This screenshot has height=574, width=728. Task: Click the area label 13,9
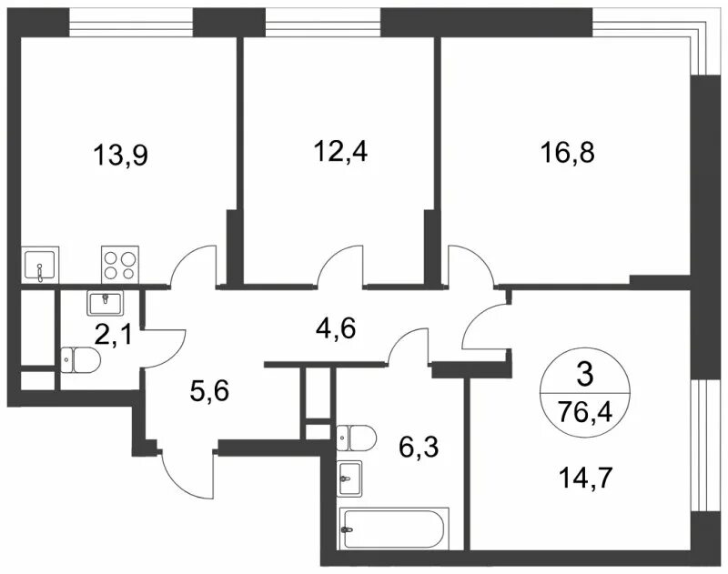pos(120,155)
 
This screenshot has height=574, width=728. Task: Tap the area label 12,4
pos(340,150)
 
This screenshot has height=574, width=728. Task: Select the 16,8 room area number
pos(567,152)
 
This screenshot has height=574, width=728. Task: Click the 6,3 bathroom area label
pos(419,448)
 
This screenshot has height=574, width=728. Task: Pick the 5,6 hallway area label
pos(209,391)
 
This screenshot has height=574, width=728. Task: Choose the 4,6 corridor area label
pos(335,328)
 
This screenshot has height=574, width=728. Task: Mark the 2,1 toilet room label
pos(113,335)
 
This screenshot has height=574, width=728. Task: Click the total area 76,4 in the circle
pos(585,411)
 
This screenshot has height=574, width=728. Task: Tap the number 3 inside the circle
pos(584,375)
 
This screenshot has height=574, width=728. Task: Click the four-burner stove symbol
pos(120,264)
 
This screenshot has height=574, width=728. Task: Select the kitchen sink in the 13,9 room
pos(41,264)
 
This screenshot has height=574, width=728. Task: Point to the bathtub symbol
pos(394,529)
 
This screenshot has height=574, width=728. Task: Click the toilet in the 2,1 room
pos(80,360)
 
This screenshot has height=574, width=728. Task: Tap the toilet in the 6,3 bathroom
pos(356,438)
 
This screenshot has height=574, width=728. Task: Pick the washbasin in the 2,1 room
pos(105,303)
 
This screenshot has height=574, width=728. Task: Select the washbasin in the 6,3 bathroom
pos(350,478)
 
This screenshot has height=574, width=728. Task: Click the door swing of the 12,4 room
pos(339,267)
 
